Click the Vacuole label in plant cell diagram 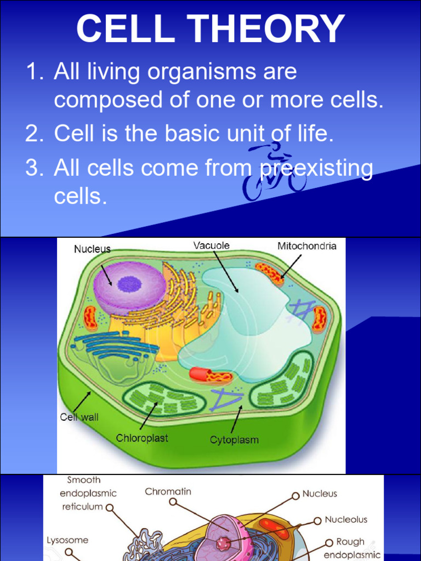pyautogui.click(x=211, y=245)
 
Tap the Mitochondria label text pyautogui.click(x=306, y=246)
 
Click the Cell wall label pyautogui.click(x=79, y=417)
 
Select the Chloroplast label pyautogui.click(x=142, y=438)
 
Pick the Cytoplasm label pyautogui.click(x=234, y=439)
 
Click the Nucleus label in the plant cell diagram pyautogui.click(x=92, y=249)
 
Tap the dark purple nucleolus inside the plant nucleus pyautogui.click(x=130, y=284)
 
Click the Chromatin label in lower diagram pyautogui.click(x=168, y=491)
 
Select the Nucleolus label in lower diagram pyautogui.click(x=346, y=519)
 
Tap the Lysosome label pyautogui.click(x=67, y=540)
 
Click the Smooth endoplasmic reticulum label pyautogui.click(x=88, y=493)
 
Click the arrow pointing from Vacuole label pyautogui.click(x=225, y=271)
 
